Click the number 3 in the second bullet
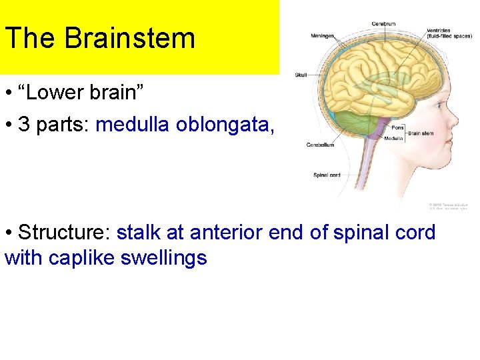coord(23,125)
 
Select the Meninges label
coord(323,36)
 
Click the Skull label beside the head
coord(301,75)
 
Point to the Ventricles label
coord(439,30)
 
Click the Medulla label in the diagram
coord(393,139)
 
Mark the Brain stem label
coord(421,133)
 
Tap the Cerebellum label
coord(320,145)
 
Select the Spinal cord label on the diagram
coord(327,175)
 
